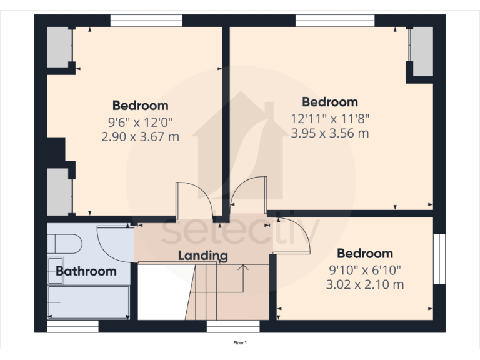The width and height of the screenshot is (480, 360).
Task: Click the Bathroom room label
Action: click(x=86, y=271)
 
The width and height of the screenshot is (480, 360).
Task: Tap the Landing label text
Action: click(x=203, y=256)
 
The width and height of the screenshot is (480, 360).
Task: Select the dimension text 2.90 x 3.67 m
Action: click(x=140, y=136)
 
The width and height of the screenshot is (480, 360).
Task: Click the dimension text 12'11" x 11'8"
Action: click(x=330, y=117)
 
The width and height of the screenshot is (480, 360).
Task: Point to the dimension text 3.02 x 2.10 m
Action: click(x=365, y=284)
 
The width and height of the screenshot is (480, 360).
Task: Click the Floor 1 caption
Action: click(x=240, y=343)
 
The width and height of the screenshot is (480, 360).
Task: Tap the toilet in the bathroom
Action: click(x=64, y=243)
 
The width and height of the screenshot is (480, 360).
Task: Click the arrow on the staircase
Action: click(x=244, y=269)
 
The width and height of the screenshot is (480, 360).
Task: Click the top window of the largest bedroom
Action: click(x=335, y=21)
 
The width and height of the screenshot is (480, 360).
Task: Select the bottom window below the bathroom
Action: click(x=72, y=326)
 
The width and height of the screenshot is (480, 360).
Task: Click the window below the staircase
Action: click(x=233, y=326)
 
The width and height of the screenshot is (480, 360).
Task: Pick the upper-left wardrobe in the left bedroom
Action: click(x=60, y=46)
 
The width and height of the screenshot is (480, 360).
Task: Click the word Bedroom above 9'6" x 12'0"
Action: click(x=140, y=105)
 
